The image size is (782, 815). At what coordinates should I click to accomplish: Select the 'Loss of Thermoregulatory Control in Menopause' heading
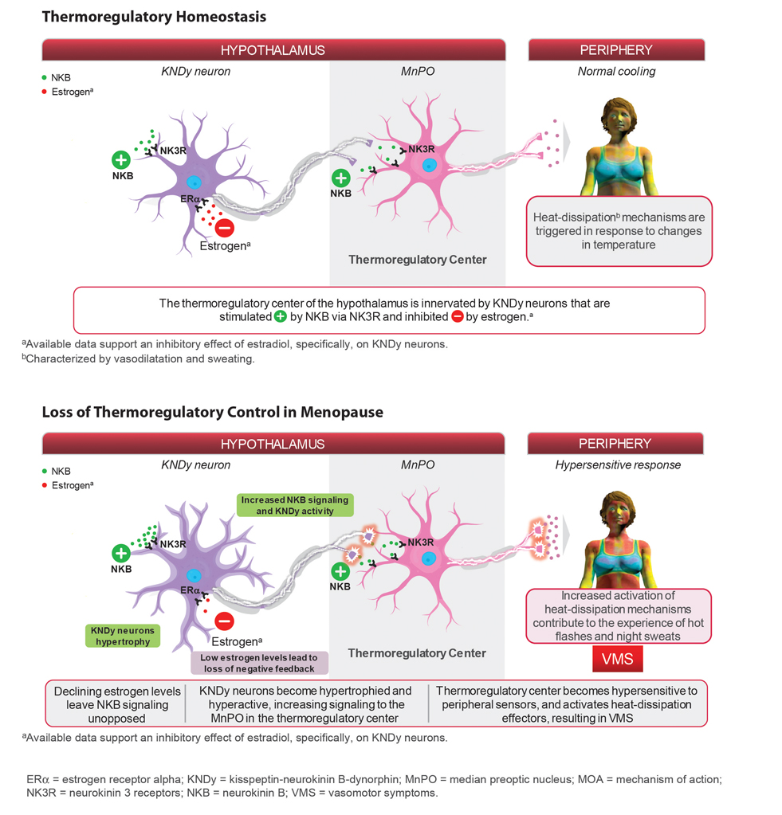[212, 412]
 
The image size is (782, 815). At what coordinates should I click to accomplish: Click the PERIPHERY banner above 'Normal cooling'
[616, 49]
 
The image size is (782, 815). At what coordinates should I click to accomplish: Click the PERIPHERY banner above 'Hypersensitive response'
[615, 443]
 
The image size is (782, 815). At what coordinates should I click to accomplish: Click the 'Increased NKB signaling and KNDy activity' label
[295, 504]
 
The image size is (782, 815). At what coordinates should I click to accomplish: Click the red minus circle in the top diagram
[225, 228]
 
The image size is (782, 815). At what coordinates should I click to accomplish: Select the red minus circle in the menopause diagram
[225, 621]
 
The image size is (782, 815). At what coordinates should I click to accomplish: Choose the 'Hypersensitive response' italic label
[618, 465]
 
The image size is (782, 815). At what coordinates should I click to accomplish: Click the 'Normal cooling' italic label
[616, 72]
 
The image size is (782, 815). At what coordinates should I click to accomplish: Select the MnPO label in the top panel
[417, 72]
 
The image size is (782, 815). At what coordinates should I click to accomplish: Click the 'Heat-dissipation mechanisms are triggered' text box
[619, 230]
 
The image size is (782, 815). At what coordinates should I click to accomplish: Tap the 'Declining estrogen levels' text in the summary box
[117, 692]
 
